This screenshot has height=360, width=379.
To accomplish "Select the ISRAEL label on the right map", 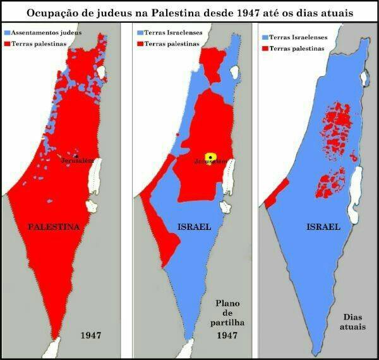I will pyautogui.click(x=323, y=226).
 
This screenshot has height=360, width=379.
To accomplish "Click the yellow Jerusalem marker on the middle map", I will pyautogui.click(x=210, y=155).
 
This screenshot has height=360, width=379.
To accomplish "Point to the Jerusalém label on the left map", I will pyautogui.click(x=78, y=160).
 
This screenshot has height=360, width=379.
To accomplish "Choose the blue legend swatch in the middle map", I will pyautogui.click(x=140, y=32).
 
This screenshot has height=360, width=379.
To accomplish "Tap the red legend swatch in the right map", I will pyautogui.click(x=265, y=48).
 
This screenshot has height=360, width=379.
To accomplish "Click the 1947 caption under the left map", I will pyautogui.click(x=92, y=335).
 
